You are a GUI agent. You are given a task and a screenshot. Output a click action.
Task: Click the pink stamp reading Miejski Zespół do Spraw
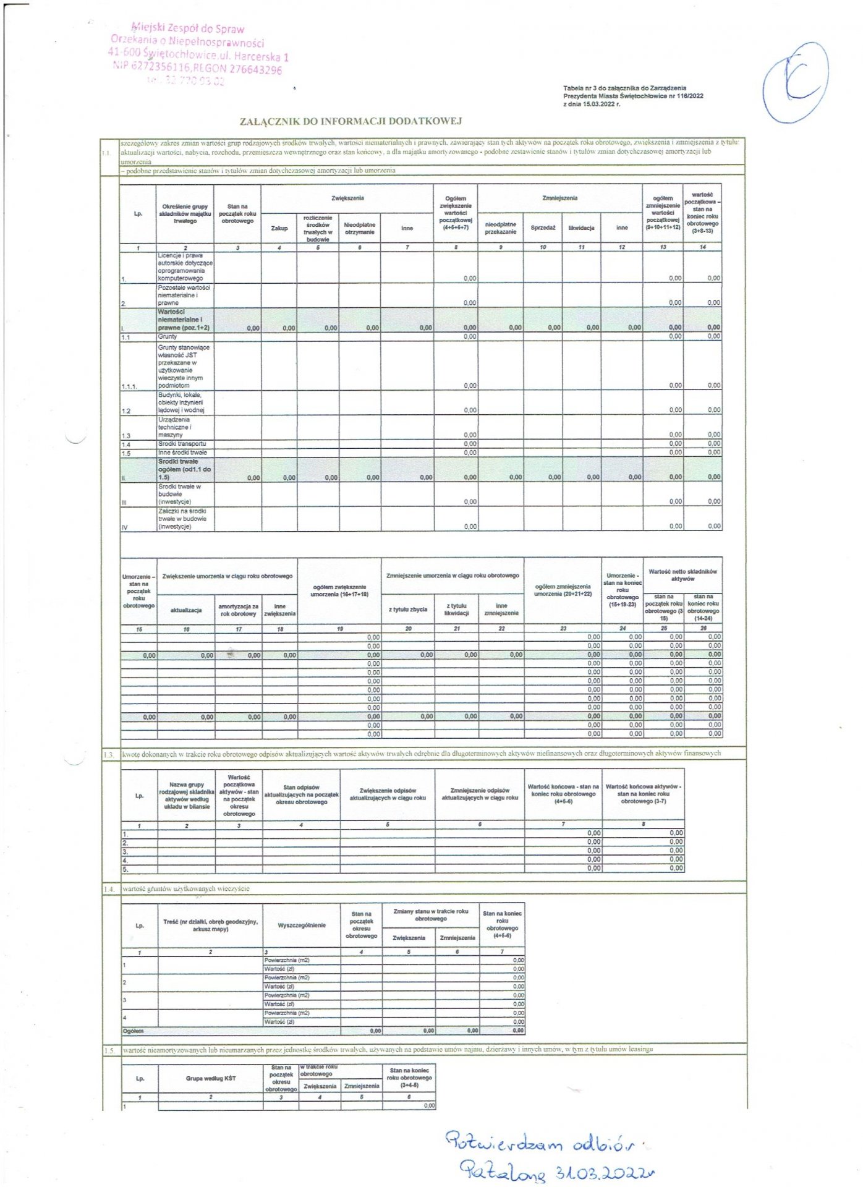coord(188,28)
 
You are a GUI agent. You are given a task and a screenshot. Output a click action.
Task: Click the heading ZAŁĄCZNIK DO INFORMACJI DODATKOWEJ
coord(351,121)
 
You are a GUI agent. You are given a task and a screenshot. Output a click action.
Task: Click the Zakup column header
coord(279,228)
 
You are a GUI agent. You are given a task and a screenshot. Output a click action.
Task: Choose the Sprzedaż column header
coord(543,228)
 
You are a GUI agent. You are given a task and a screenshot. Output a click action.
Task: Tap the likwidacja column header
coord(581,228)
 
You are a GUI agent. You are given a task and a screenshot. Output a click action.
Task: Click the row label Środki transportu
coord(182,444)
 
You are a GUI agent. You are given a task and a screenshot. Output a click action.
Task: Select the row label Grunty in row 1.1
coord(168,336)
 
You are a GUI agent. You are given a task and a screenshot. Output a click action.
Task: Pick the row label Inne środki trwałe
coord(182,453)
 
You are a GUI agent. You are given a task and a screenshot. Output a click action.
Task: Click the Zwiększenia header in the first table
coord(347,198)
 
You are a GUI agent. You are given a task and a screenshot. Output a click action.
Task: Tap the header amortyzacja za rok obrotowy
coord(239,610)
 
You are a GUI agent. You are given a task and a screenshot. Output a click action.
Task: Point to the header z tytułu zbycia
coord(408,610)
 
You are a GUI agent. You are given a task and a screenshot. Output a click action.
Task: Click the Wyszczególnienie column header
coord(302,925)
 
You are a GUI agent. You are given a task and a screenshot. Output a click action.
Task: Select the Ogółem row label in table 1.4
coord(134,1031)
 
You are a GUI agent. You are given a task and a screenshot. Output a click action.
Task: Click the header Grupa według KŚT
coord(211,1078)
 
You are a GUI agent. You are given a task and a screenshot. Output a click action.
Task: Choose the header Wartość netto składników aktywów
coord(682,575)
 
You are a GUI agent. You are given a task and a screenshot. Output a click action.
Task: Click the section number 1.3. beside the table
coord(109,755)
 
